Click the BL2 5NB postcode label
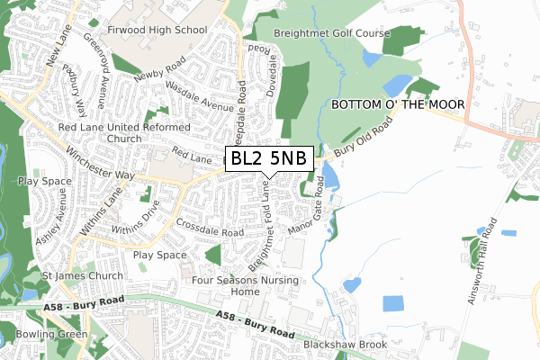coord(268,159)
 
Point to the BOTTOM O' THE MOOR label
coord(398,105)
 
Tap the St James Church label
coord(82,275)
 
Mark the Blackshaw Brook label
coord(345,344)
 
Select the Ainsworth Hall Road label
coord(482,261)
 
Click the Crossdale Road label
coord(211,227)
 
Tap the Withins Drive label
coord(138,217)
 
